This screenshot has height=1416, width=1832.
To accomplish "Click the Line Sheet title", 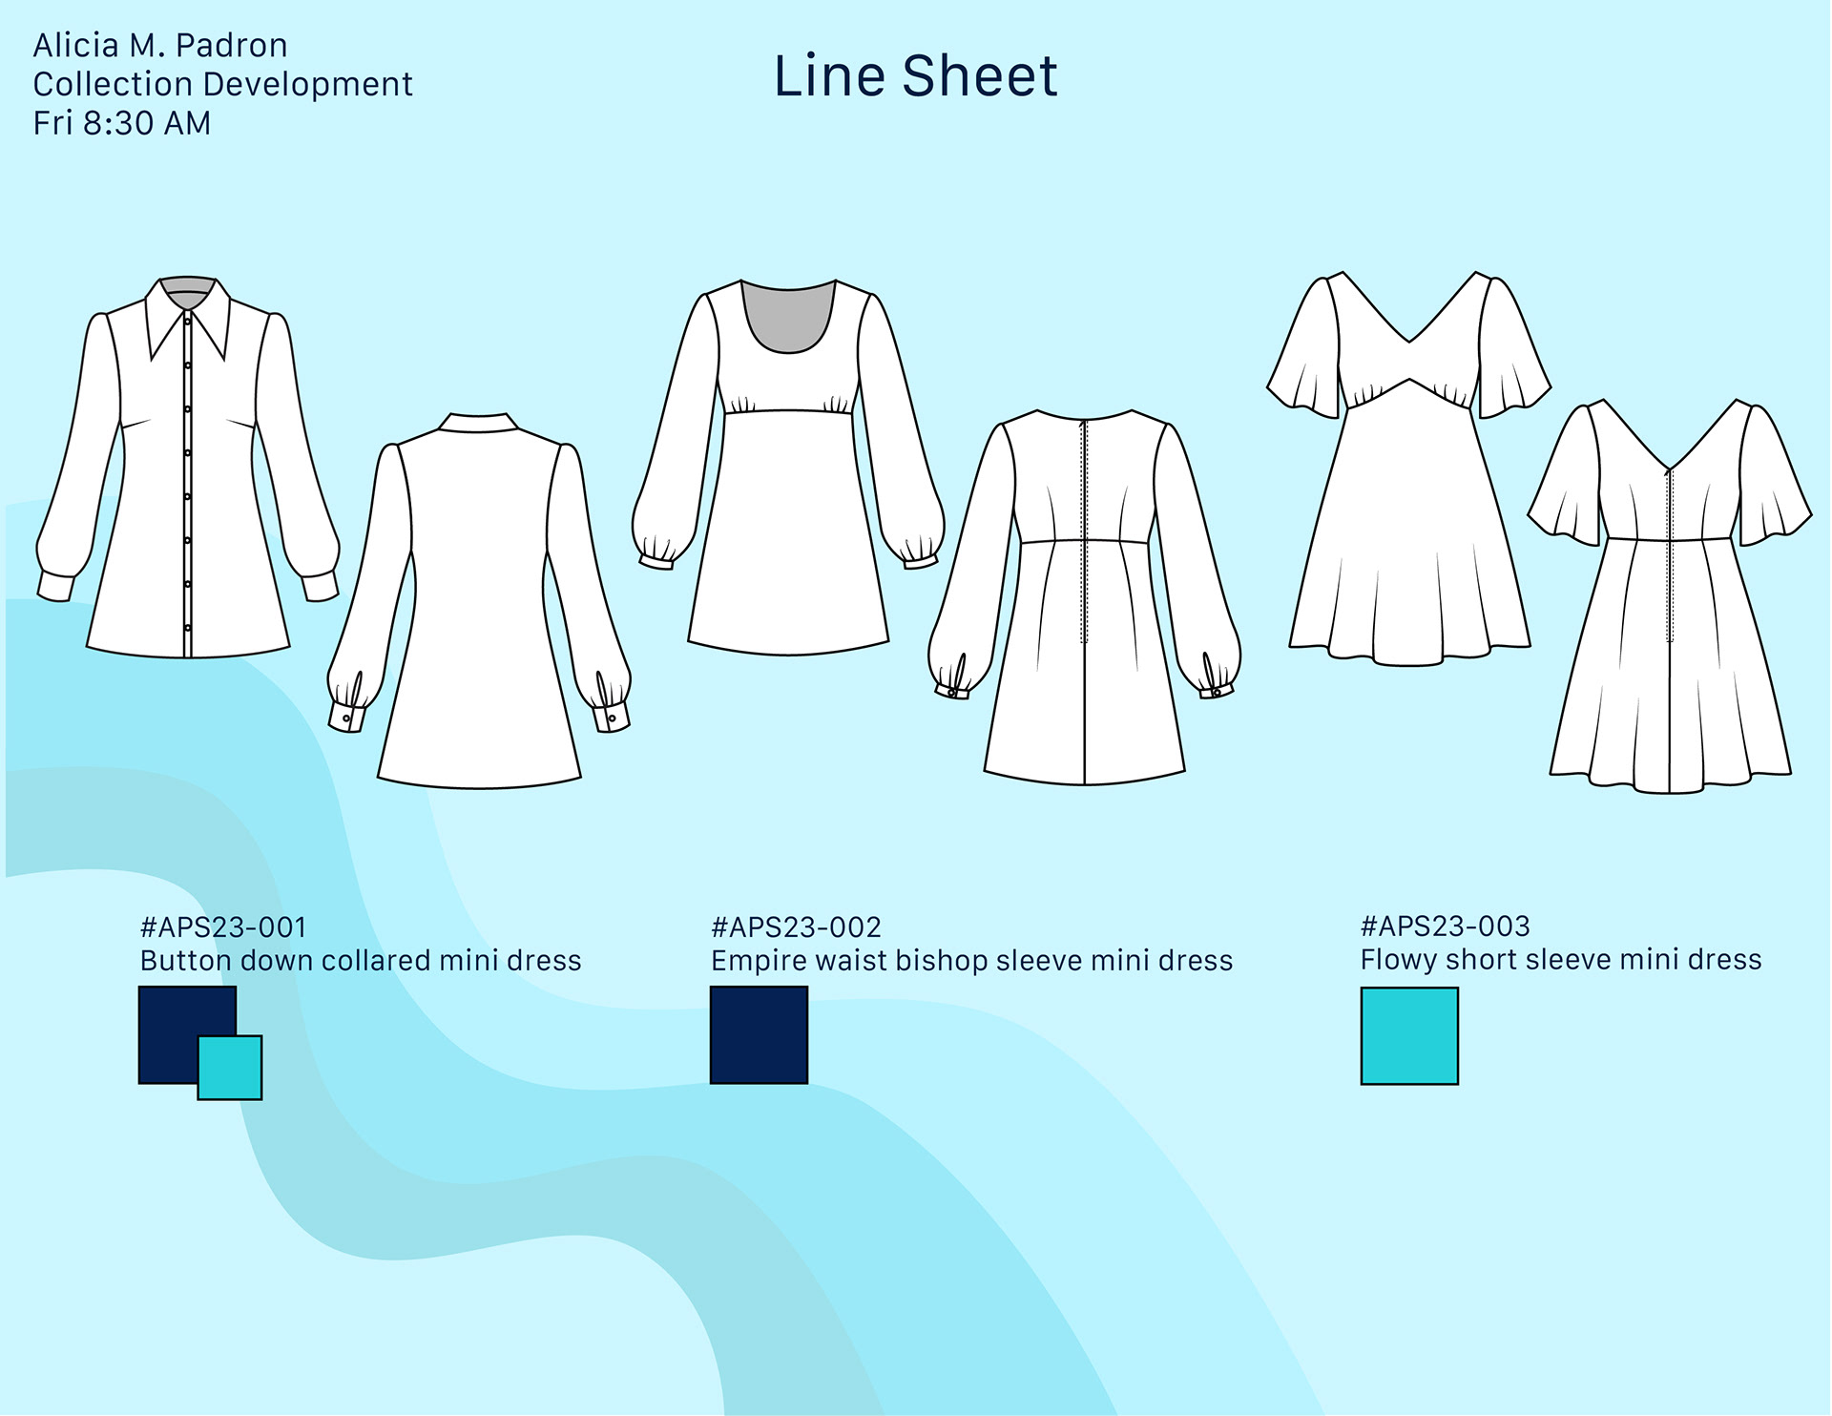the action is (915, 76).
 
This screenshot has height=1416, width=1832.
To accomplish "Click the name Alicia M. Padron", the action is (160, 46).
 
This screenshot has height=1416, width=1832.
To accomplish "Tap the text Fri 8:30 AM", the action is (122, 123).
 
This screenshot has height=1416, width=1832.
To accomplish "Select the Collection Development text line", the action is (222, 84).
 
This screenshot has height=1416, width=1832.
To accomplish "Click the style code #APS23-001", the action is (223, 927).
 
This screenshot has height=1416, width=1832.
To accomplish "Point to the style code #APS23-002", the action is (796, 927).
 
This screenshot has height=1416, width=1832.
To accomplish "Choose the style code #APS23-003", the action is (1445, 927).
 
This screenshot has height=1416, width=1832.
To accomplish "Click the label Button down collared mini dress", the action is (361, 960).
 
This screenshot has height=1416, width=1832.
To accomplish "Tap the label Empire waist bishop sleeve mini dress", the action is (971, 960).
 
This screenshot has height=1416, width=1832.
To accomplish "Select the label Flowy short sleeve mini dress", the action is (1561, 959).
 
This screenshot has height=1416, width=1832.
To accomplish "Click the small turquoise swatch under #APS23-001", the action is (231, 1069).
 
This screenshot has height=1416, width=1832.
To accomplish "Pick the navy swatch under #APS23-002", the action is (759, 1035).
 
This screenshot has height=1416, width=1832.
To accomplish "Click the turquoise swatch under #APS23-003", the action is (1409, 1036).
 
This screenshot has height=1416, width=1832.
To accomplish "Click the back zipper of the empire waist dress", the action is (1084, 534).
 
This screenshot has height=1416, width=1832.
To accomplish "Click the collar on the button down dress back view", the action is (479, 423).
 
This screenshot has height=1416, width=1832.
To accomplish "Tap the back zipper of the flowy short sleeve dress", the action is (1670, 553).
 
